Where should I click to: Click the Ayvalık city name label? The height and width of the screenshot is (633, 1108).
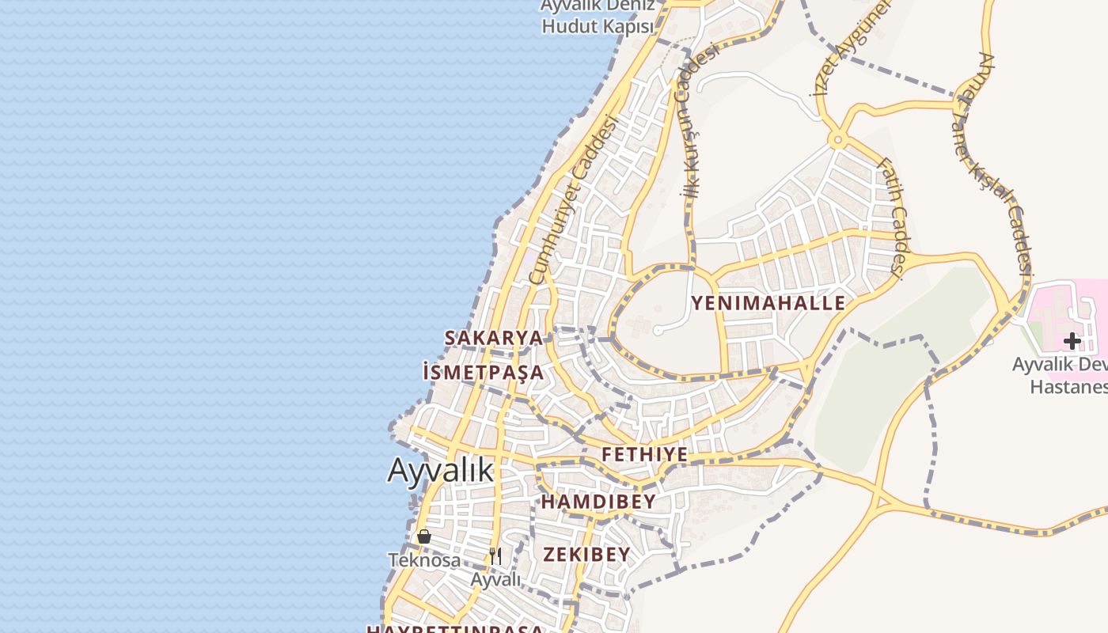pyautogui.click(x=440, y=471)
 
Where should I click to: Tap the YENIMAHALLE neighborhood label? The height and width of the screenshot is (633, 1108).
pyautogui.click(x=768, y=303)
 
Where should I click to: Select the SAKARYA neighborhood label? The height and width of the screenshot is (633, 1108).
pyautogui.click(x=494, y=338)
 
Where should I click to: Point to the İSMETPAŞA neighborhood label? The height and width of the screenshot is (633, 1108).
pyautogui.click(x=484, y=372)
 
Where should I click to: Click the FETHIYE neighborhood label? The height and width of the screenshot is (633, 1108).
pyautogui.click(x=644, y=455)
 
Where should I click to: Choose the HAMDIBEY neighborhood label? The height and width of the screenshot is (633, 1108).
pyautogui.click(x=598, y=502)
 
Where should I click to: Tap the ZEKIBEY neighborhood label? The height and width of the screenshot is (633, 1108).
pyautogui.click(x=586, y=554)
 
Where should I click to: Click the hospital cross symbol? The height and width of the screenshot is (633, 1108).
pyautogui.click(x=1072, y=341)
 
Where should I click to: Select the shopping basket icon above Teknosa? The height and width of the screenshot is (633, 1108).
pyautogui.click(x=424, y=536)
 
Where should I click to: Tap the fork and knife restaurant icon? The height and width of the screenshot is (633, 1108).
pyautogui.click(x=495, y=555)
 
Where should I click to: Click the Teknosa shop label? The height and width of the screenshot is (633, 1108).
pyautogui.click(x=424, y=560)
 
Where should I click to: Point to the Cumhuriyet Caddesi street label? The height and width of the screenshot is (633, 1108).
pyautogui.click(x=571, y=199)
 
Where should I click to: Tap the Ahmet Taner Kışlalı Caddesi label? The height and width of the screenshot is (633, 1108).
pyautogui.click(x=1004, y=162)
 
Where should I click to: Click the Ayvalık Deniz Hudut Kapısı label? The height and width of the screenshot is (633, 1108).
pyautogui.click(x=598, y=16)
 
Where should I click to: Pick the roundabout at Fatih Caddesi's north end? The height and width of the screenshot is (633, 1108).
pyautogui.click(x=837, y=141)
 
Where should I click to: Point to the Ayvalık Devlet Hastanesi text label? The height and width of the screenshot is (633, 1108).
pyautogui.click(x=1061, y=376)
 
